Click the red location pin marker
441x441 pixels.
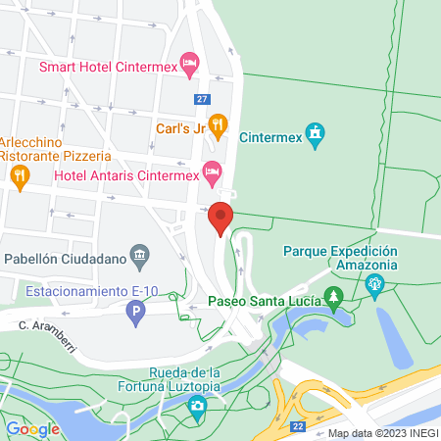[x=220, y=218]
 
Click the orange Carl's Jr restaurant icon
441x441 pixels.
[x=219, y=124]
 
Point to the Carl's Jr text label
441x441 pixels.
[x=179, y=126]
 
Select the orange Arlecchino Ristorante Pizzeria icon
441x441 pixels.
[x=19, y=175]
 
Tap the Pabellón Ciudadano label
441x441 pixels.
[x=65, y=260]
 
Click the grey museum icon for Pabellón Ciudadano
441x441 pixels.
[x=140, y=259]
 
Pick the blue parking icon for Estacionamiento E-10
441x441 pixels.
[x=136, y=314]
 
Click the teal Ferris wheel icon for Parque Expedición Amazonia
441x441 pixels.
[x=373, y=287]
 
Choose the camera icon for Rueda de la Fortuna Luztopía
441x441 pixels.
[x=198, y=406]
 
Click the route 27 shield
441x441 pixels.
[x=202, y=99]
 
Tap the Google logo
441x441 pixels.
[x=33, y=429]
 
